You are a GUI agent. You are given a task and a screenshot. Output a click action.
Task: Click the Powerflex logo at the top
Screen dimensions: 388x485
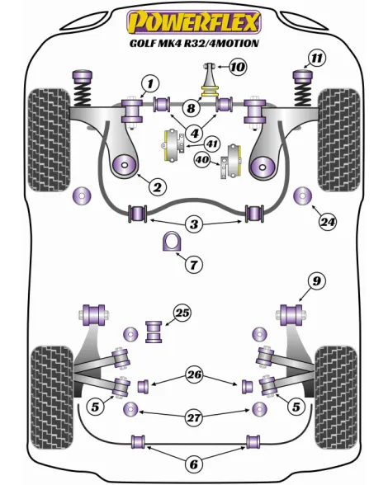[x=194, y=22]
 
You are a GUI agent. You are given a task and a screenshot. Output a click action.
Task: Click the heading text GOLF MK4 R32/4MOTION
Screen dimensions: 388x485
[x=194, y=43]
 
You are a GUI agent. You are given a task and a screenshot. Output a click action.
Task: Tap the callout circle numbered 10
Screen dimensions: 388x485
[x=238, y=67]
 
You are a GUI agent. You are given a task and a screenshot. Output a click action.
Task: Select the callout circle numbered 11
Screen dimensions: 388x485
[x=317, y=59]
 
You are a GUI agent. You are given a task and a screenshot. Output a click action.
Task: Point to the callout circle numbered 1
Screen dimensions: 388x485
[x=150, y=83]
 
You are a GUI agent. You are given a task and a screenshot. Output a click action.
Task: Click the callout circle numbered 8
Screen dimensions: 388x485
[x=191, y=108]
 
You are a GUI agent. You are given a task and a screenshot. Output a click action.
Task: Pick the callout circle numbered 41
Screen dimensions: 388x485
[x=212, y=144]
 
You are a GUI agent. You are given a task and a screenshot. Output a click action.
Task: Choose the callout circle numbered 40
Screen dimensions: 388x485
[x=203, y=160]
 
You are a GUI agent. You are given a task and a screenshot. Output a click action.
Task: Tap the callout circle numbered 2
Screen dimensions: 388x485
[x=158, y=186]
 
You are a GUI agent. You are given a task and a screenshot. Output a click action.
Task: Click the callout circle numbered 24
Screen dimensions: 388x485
[x=328, y=222]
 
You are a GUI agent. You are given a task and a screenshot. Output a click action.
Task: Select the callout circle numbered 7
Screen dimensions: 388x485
[x=194, y=265]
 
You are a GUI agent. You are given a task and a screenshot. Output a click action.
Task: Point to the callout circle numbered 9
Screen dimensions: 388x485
[x=316, y=281]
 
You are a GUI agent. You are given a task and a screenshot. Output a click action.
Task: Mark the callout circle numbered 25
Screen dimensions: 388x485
[x=182, y=313]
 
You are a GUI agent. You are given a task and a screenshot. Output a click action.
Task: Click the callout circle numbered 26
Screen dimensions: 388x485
[x=194, y=374]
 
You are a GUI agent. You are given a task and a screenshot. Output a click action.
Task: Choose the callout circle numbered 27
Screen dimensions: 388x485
[x=194, y=418]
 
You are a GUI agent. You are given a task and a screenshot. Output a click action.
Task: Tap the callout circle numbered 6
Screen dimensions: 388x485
[x=193, y=464]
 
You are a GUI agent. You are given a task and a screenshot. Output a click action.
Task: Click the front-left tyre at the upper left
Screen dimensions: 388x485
[x=49, y=140]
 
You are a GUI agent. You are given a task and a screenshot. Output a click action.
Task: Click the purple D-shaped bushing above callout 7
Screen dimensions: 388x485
[x=170, y=241]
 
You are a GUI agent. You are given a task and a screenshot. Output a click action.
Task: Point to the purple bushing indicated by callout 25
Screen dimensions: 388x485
[x=154, y=332]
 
